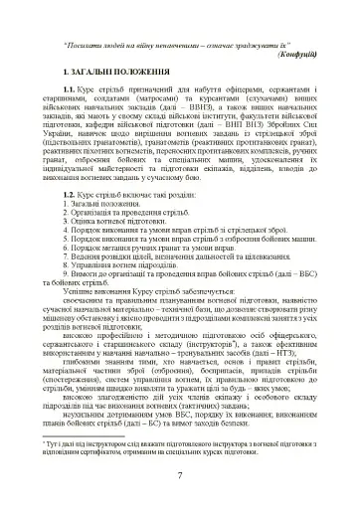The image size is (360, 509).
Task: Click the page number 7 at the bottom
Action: pos(178,474)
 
